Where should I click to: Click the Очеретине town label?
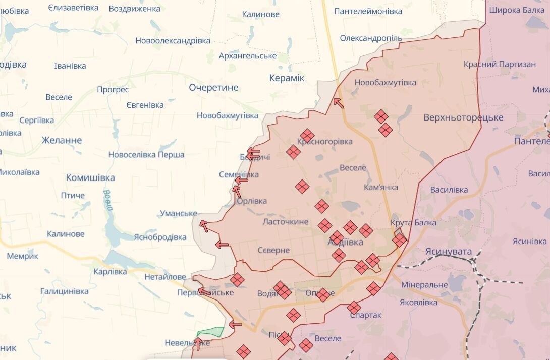213,88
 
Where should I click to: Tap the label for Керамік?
287,78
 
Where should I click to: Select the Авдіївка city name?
345,243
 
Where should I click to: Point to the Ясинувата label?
449,252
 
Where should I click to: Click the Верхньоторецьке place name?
463,117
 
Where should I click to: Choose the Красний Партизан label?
500,64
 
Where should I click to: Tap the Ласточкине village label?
286,222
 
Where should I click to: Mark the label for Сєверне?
273,250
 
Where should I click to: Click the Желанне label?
62,140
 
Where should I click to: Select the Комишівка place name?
90,178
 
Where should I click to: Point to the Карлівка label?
111,272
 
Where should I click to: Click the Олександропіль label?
371,38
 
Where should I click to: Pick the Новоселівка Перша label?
146,155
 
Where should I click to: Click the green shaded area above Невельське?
210,332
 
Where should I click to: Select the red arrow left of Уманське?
204,225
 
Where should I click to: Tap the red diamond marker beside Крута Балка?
399,240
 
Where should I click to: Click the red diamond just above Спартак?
354,307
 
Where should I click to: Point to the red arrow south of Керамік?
338,103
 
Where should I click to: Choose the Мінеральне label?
424,285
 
